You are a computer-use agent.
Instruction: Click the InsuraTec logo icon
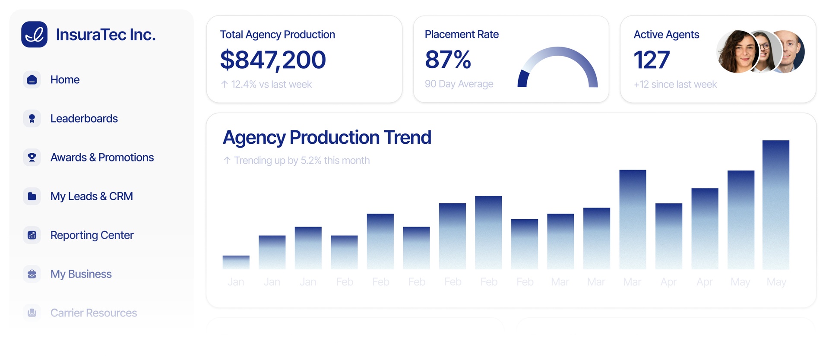pyautogui.click(x=34, y=34)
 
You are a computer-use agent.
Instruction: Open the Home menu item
pyautogui.click(x=65, y=80)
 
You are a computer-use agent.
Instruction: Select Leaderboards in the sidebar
pyautogui.click(x=84, y=119)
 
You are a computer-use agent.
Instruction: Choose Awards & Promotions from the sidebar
pyautogui.click(x=102, y=158)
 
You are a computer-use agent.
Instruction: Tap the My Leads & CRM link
pyautogui.click(x=92, y=196)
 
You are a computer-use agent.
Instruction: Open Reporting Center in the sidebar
pyautogui.click(x=92, y=235)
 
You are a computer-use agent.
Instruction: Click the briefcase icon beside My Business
pyautogui.click(x=32, y=274)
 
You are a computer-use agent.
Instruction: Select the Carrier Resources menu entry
pyautogui.click(x=93, y=313)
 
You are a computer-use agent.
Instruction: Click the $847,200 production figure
pyautogui.click(x=273, y=60)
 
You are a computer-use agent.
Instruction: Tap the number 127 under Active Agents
pyautogui.click(x=652, y=60)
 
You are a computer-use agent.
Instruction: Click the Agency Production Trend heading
pyautogui.click(x=327, y=137)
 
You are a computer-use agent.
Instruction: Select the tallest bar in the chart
pyautogui.click(x=775, y=205)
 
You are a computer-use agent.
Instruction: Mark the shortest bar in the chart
pyautogui.click(x=236, y=262)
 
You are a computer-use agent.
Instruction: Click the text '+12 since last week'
pyautogui.click(x=675, y=85)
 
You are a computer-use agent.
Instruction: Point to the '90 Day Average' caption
pyautogui.click(x=459, y=84)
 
